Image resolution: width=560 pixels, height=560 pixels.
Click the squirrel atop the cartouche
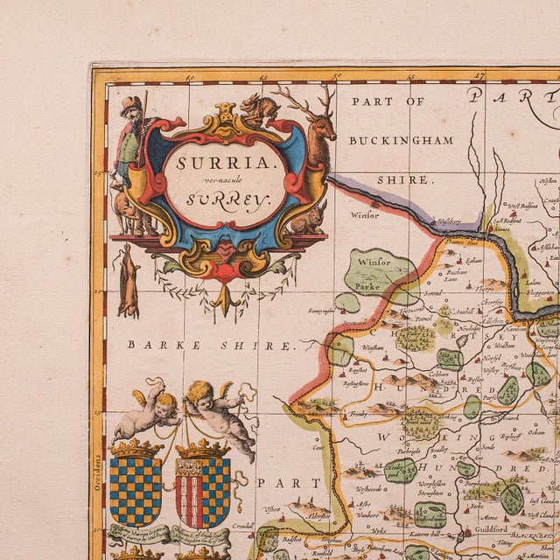point(255,107)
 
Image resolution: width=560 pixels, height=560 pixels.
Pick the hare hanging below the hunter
point(129,280)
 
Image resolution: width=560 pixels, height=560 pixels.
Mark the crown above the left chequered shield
point(136,449)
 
